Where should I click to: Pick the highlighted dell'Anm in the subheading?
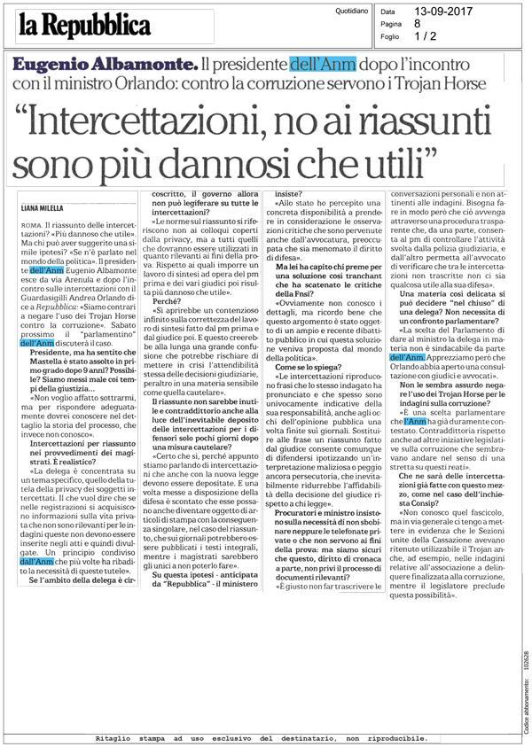click(323, 65)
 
